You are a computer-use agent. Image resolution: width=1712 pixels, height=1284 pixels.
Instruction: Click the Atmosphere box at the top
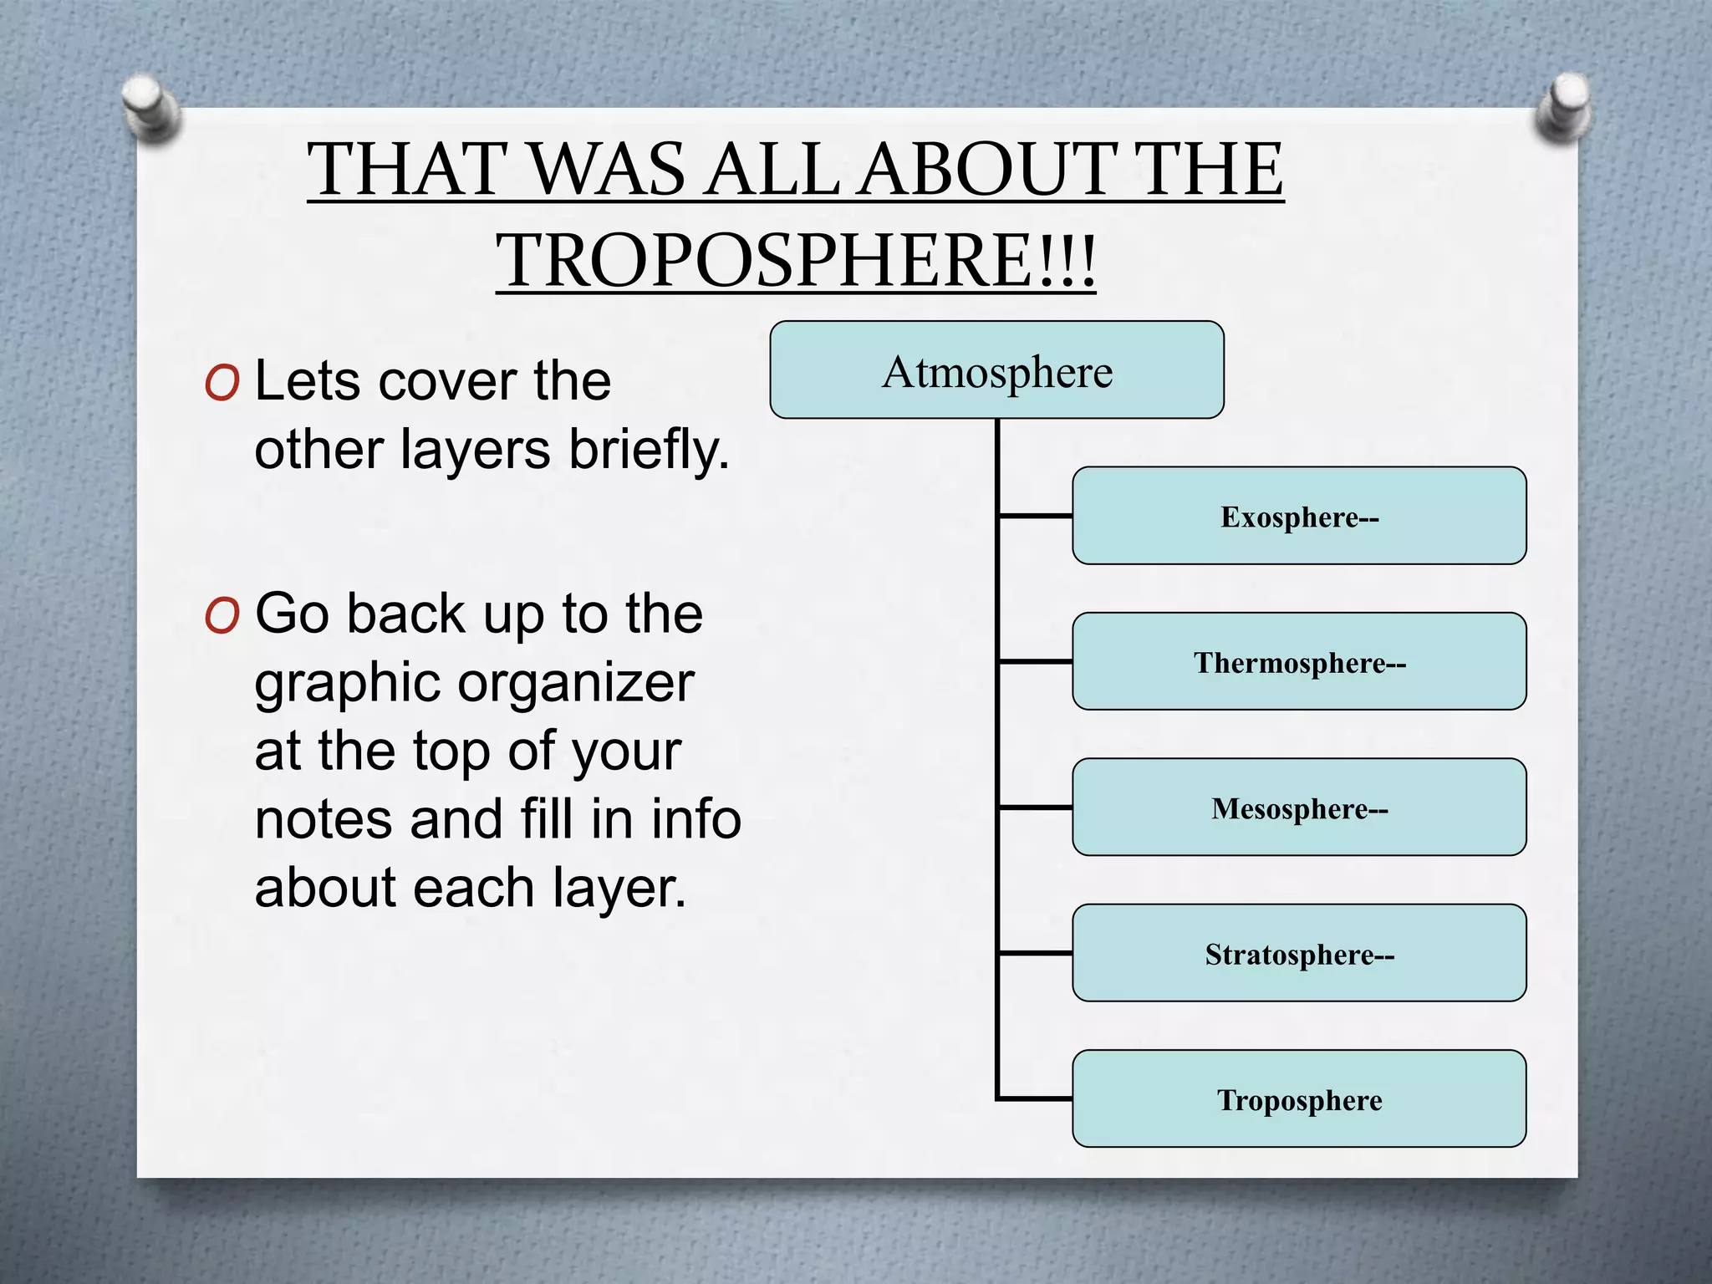click(996, 370)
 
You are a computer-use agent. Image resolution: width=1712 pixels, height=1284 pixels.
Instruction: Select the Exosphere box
click(1299, 516)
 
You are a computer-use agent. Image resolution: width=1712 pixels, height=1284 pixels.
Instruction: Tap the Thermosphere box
click(1299, 661)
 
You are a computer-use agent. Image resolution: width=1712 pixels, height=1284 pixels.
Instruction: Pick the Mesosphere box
click(1299, 808)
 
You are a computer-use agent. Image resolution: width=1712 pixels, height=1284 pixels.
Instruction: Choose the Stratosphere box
click(1299, 953)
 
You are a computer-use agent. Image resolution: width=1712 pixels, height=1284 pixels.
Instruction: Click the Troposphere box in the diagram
click(1299, 1098)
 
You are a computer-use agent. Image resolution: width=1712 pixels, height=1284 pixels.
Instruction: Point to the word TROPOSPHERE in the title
click(765, 260)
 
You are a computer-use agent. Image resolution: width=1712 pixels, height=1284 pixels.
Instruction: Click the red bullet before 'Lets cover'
click(222, 384)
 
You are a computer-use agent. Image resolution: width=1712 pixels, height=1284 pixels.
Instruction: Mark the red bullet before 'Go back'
click(222, 616)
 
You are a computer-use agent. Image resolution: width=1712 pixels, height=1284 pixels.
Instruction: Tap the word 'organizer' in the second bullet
click(576, 683)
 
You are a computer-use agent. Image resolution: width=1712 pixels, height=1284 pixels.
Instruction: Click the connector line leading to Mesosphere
click(1036, 808)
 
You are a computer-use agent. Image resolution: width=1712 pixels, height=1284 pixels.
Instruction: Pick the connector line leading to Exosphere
click(1036, 516)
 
